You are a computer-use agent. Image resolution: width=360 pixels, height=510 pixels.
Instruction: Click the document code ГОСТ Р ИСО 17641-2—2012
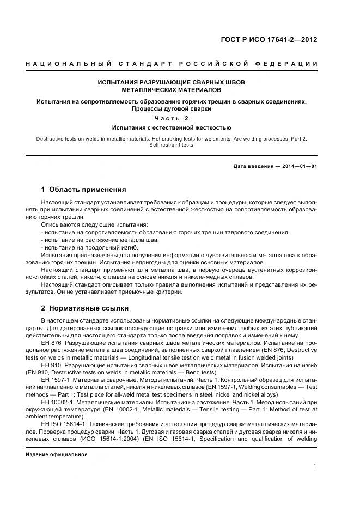276,40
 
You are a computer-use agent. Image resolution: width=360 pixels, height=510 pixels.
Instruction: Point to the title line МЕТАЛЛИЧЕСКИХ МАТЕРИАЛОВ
171,89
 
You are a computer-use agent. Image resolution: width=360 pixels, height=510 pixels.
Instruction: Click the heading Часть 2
171,118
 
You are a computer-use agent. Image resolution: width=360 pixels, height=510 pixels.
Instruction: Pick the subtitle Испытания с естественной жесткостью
171,128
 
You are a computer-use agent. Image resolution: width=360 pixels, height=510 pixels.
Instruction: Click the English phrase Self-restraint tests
171,145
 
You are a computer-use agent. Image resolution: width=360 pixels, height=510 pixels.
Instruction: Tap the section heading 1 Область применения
83,190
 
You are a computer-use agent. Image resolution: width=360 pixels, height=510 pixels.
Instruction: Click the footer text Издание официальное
56,454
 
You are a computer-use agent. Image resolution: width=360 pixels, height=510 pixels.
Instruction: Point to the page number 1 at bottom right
316,465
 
